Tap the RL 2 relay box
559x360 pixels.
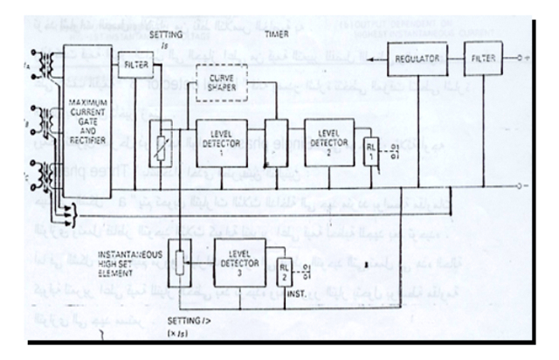coord(285,273)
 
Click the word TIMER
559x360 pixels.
coord(276,30)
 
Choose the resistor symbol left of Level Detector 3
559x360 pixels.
coord(181,261)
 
